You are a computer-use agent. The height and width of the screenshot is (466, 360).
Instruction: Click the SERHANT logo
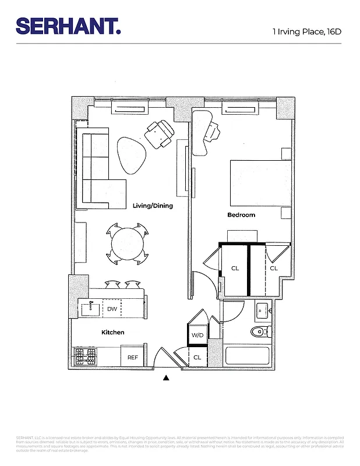click(x=68, y=26)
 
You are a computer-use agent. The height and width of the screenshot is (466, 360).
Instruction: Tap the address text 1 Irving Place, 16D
click(x=306, y=31)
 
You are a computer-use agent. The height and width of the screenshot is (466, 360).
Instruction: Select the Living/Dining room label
click(x=153, y=206)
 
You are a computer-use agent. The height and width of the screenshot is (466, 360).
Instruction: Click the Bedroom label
click(x=241, y=215)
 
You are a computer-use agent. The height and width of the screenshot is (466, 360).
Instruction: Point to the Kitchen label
click(x=112, y=332)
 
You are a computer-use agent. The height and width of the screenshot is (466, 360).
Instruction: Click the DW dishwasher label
click(x=112, y=309)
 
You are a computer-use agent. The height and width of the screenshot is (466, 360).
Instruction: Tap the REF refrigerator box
click(x=133, y=357)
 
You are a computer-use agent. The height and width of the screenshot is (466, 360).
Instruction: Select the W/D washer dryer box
click(x=197, y=336)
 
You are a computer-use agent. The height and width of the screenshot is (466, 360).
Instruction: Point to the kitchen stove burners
click(x=85, y=356)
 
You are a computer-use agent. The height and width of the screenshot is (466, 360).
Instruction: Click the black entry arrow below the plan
click(x=166, y=377)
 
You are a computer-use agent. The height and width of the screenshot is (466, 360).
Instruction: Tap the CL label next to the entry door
click(x=197, y=357)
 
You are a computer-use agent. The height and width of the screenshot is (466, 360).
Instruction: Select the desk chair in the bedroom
click(x=213, y=132)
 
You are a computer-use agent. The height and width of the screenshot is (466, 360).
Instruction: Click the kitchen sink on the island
click(x=90, y=309)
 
